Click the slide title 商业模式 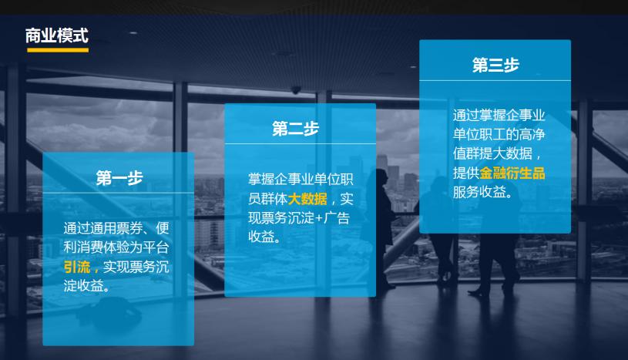click(57, 35)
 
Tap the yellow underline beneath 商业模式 click(57, 50)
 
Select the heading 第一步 click(119, 178)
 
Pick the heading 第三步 click(495, 65)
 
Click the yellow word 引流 click(77, 267)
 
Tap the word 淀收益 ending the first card click(85, 286)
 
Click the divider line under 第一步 click(119, 193)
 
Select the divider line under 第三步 click(495, 80)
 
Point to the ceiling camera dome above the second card click(297, 89)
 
